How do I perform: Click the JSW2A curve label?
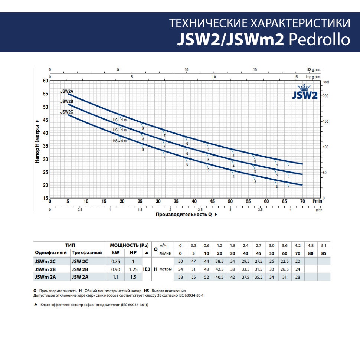pyautogui.click(x=67, y=91)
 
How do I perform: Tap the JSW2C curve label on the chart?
pyautogui.click(x=67, y=112)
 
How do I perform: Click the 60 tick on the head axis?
pyautogui.click(x=46, y=81)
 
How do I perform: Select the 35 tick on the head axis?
pyautogui.click(x=46, y=146)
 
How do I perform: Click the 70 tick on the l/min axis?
pyautogui.click(x=302, y=201)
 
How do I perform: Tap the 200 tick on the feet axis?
pyautogui.click(x=325, y=96)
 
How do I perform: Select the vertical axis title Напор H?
pyautogui.click(x=37, y=141)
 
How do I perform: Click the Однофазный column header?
pyautogui.click(x=51, y=253)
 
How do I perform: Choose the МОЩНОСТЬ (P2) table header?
pyautogui.click(x=129, y=245)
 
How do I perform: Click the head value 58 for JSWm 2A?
pyautogui.click(x=181, y=276)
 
